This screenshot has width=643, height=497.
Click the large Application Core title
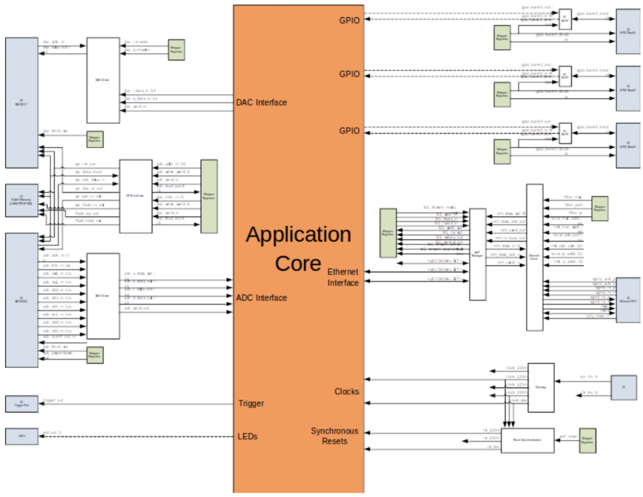tap(298, 248)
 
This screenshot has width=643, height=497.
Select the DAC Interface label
tap(261, 102)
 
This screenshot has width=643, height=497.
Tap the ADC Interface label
tap(261, 297)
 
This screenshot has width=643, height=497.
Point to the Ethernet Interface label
tap(343, 277)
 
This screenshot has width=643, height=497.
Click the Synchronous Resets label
tap(335, 436)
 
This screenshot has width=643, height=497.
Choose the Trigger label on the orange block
tap(251, 403)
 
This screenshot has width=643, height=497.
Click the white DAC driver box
tap(103, 80)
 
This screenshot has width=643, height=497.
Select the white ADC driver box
tap(103, 296)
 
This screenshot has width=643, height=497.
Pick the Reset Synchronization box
tap(527, 441)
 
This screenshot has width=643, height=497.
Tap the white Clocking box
tap(541, 387)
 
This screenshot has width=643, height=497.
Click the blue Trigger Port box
tap(21, 403)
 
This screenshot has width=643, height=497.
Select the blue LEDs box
tap(21, 436)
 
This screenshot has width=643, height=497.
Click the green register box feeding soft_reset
tap(586, 441)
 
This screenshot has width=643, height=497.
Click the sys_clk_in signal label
tap(588, 377)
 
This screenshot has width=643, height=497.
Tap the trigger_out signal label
tap(53, 400)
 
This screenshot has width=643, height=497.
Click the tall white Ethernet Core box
tap(534, 257)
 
